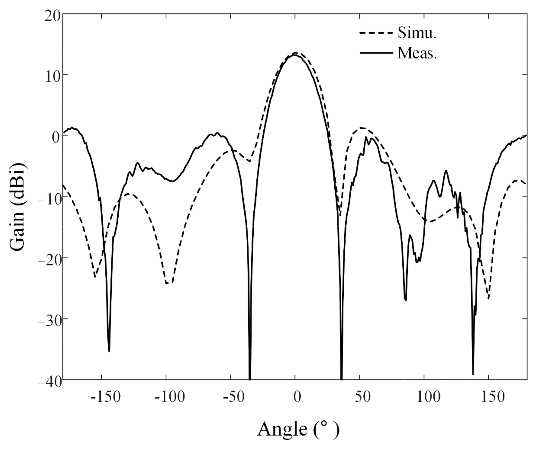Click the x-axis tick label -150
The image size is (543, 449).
[x=106, y=397]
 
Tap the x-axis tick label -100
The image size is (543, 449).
[x=170, y=397]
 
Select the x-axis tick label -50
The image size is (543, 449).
[x=233, y=397]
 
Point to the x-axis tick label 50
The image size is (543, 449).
[x=362, y=397]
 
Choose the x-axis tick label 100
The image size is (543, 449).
[x=428, y=397]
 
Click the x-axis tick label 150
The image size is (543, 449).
[x=493, y=397]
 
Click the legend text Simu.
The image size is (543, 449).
[x=417, y=33]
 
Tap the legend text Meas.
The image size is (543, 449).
[x=417, y=54]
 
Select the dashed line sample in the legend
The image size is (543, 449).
[x=376, y=33]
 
